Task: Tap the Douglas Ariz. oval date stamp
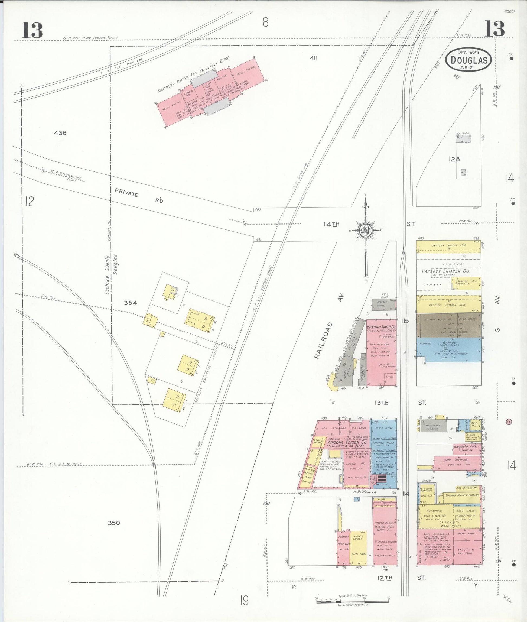coord(468,60)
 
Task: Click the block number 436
coord(60,133)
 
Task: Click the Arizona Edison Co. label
coord(347,442)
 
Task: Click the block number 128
coord(454,160)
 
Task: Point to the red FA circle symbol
coord(508,422)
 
